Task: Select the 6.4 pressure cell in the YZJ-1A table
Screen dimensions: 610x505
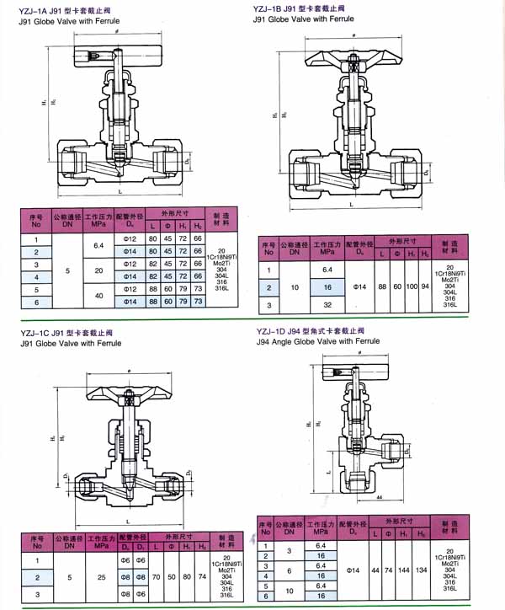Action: (98, 246)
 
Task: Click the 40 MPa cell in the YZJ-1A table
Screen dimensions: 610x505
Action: (98, 295)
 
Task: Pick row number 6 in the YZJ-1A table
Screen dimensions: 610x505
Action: (36, 302)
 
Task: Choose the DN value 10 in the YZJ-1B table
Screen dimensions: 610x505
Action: (295, 287)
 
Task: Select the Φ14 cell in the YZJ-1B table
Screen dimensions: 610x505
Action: (364, 287)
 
